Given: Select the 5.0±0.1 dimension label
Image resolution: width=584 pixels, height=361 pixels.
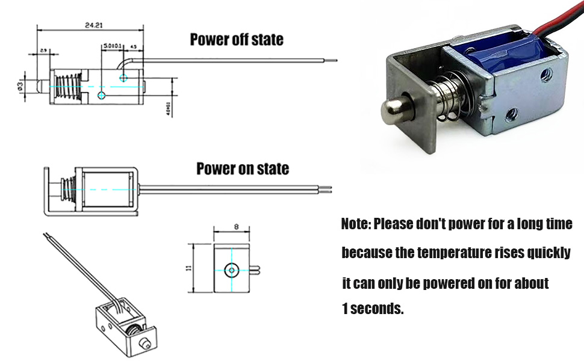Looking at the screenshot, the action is tap(112, 46).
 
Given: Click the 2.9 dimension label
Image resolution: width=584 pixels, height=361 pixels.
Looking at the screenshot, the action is tap(43, 50).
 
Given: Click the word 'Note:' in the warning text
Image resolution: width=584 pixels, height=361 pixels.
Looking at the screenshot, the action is tap(356, 224).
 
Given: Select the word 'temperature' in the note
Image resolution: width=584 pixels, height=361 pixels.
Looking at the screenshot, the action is tap(443, 253).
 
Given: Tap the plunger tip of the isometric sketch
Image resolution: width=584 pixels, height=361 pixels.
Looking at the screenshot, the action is tap(143, 343).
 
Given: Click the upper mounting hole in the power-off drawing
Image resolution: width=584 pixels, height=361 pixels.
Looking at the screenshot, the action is tap(123, 77).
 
